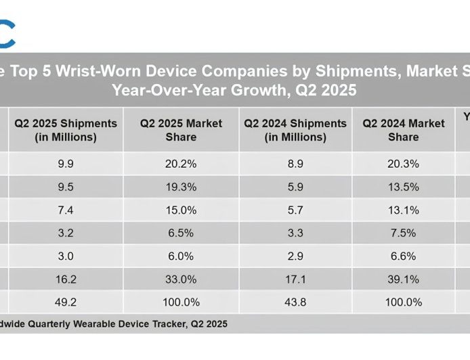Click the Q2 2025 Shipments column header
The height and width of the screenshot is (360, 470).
(x=66, y=130)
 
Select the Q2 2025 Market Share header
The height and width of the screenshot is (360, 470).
(x=181, y=130)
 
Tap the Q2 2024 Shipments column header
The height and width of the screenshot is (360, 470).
(x=295, y=130)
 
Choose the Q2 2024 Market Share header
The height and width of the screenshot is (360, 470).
(x=403, y=130)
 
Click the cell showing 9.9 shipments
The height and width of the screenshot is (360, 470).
(x=66, y=164)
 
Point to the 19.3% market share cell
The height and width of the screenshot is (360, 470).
(x=181, y=187)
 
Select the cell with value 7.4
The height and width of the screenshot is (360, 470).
(x=66, y=210)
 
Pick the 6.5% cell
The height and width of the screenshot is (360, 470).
(x=181, y=233)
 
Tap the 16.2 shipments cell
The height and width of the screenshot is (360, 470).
(x=66, y=279)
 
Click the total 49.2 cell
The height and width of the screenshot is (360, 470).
(x=66, y=302)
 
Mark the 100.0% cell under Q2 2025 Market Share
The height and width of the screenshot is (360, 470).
(x=181, y=302)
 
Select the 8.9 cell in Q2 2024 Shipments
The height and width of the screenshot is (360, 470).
(x=295, y=164)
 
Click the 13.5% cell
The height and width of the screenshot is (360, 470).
(x=403, y=187)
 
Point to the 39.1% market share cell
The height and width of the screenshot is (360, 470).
(x=403, y=279)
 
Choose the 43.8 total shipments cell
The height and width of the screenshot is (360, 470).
(x=295, y=302)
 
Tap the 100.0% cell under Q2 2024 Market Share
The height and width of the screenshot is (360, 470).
(x=403, y=302)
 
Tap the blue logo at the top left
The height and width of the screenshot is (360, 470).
(x=7, y=34)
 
